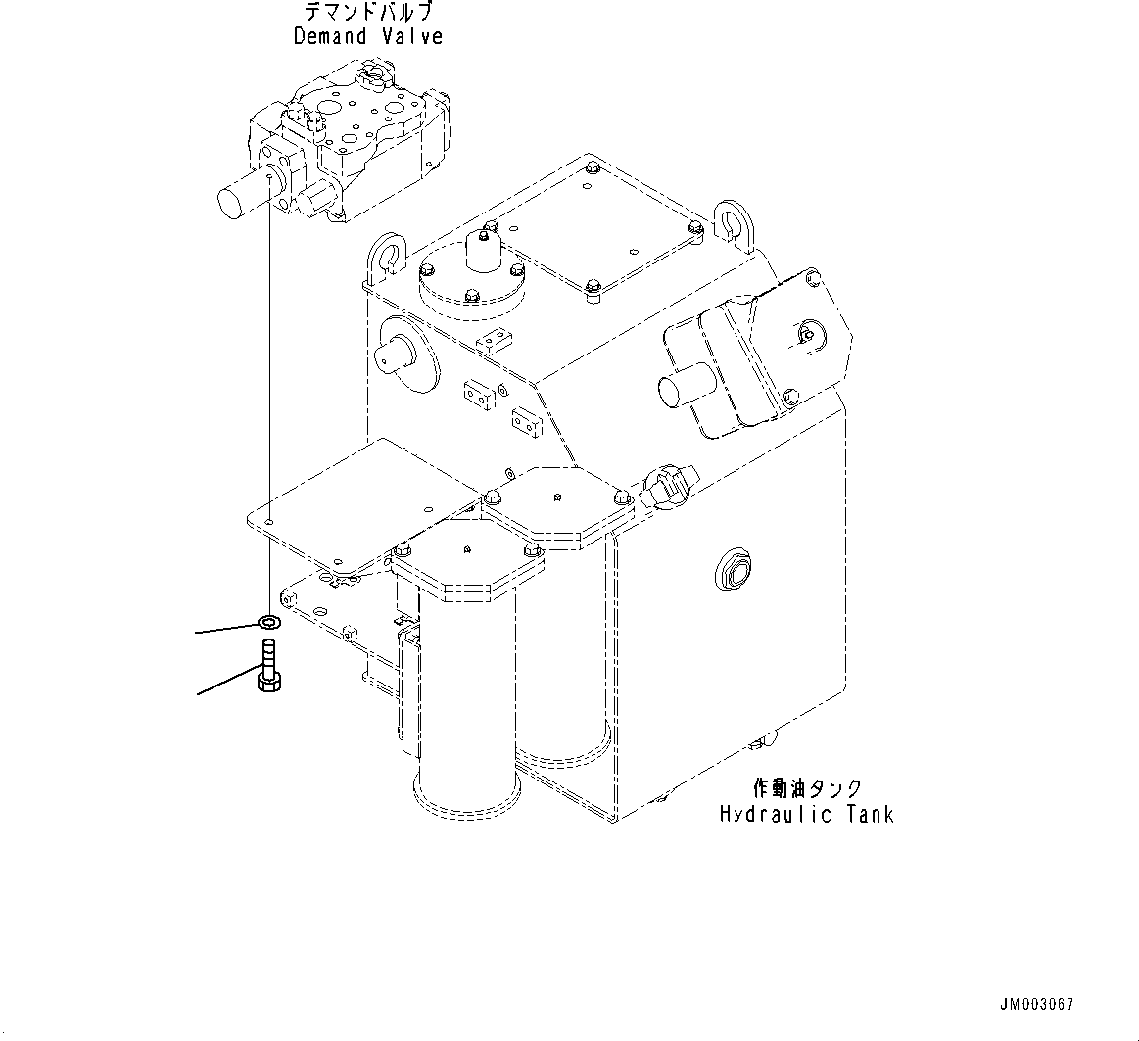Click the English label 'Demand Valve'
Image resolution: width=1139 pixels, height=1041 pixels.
click(x=367, y=36)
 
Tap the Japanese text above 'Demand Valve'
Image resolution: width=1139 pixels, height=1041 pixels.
click(x=367, y=12)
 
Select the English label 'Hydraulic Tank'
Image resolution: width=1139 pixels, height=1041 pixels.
click(x=806, y=814)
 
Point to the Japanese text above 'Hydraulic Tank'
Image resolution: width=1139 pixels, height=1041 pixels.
click(x=807, y=788)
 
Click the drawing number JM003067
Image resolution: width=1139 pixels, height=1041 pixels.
click(x=1036, y=1006)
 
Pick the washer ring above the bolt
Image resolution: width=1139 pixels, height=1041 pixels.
click(x=266, y=621)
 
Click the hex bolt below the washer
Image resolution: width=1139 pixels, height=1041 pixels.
click(x=266, y=666)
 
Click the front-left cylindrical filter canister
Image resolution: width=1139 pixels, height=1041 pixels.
click(x=466, y=686)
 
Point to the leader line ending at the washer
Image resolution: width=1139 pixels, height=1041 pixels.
click(x=225, y=629)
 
